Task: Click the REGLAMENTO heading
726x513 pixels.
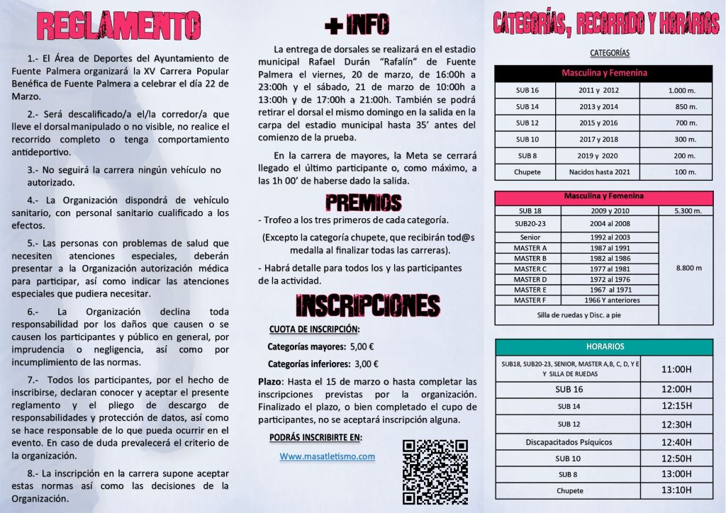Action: coord(118,27)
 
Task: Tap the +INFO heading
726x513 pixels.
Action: coord(357,26)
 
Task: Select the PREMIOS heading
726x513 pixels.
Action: coord(363,203)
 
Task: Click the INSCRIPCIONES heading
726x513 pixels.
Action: coord(367,305)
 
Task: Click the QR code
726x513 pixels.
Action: coord(435,472)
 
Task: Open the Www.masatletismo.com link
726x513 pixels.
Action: coord(327,456)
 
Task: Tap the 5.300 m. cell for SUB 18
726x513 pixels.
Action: coord(685,210)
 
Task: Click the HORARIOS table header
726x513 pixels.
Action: coord(605,346)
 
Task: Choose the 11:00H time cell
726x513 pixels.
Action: coord(676,369)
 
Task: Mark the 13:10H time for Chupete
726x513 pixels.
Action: coord(676,490)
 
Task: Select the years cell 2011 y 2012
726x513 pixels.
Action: coord(598,91)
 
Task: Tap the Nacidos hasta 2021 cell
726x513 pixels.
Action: coord(598,172)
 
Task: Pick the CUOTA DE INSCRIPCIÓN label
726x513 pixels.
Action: coord(314,329)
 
